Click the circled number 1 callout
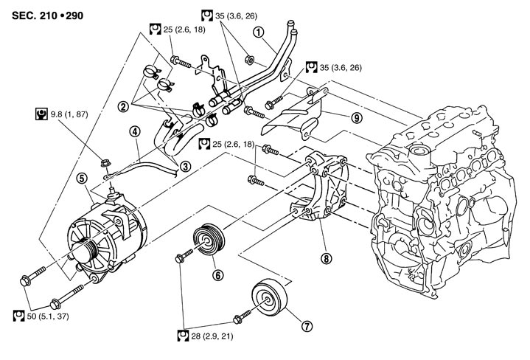pos(257,32)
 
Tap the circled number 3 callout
pos(185,166)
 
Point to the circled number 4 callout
pos(134,133)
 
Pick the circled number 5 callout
pos(81,177)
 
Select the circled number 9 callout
pos(355,117)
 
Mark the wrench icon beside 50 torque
pos(20,316)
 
